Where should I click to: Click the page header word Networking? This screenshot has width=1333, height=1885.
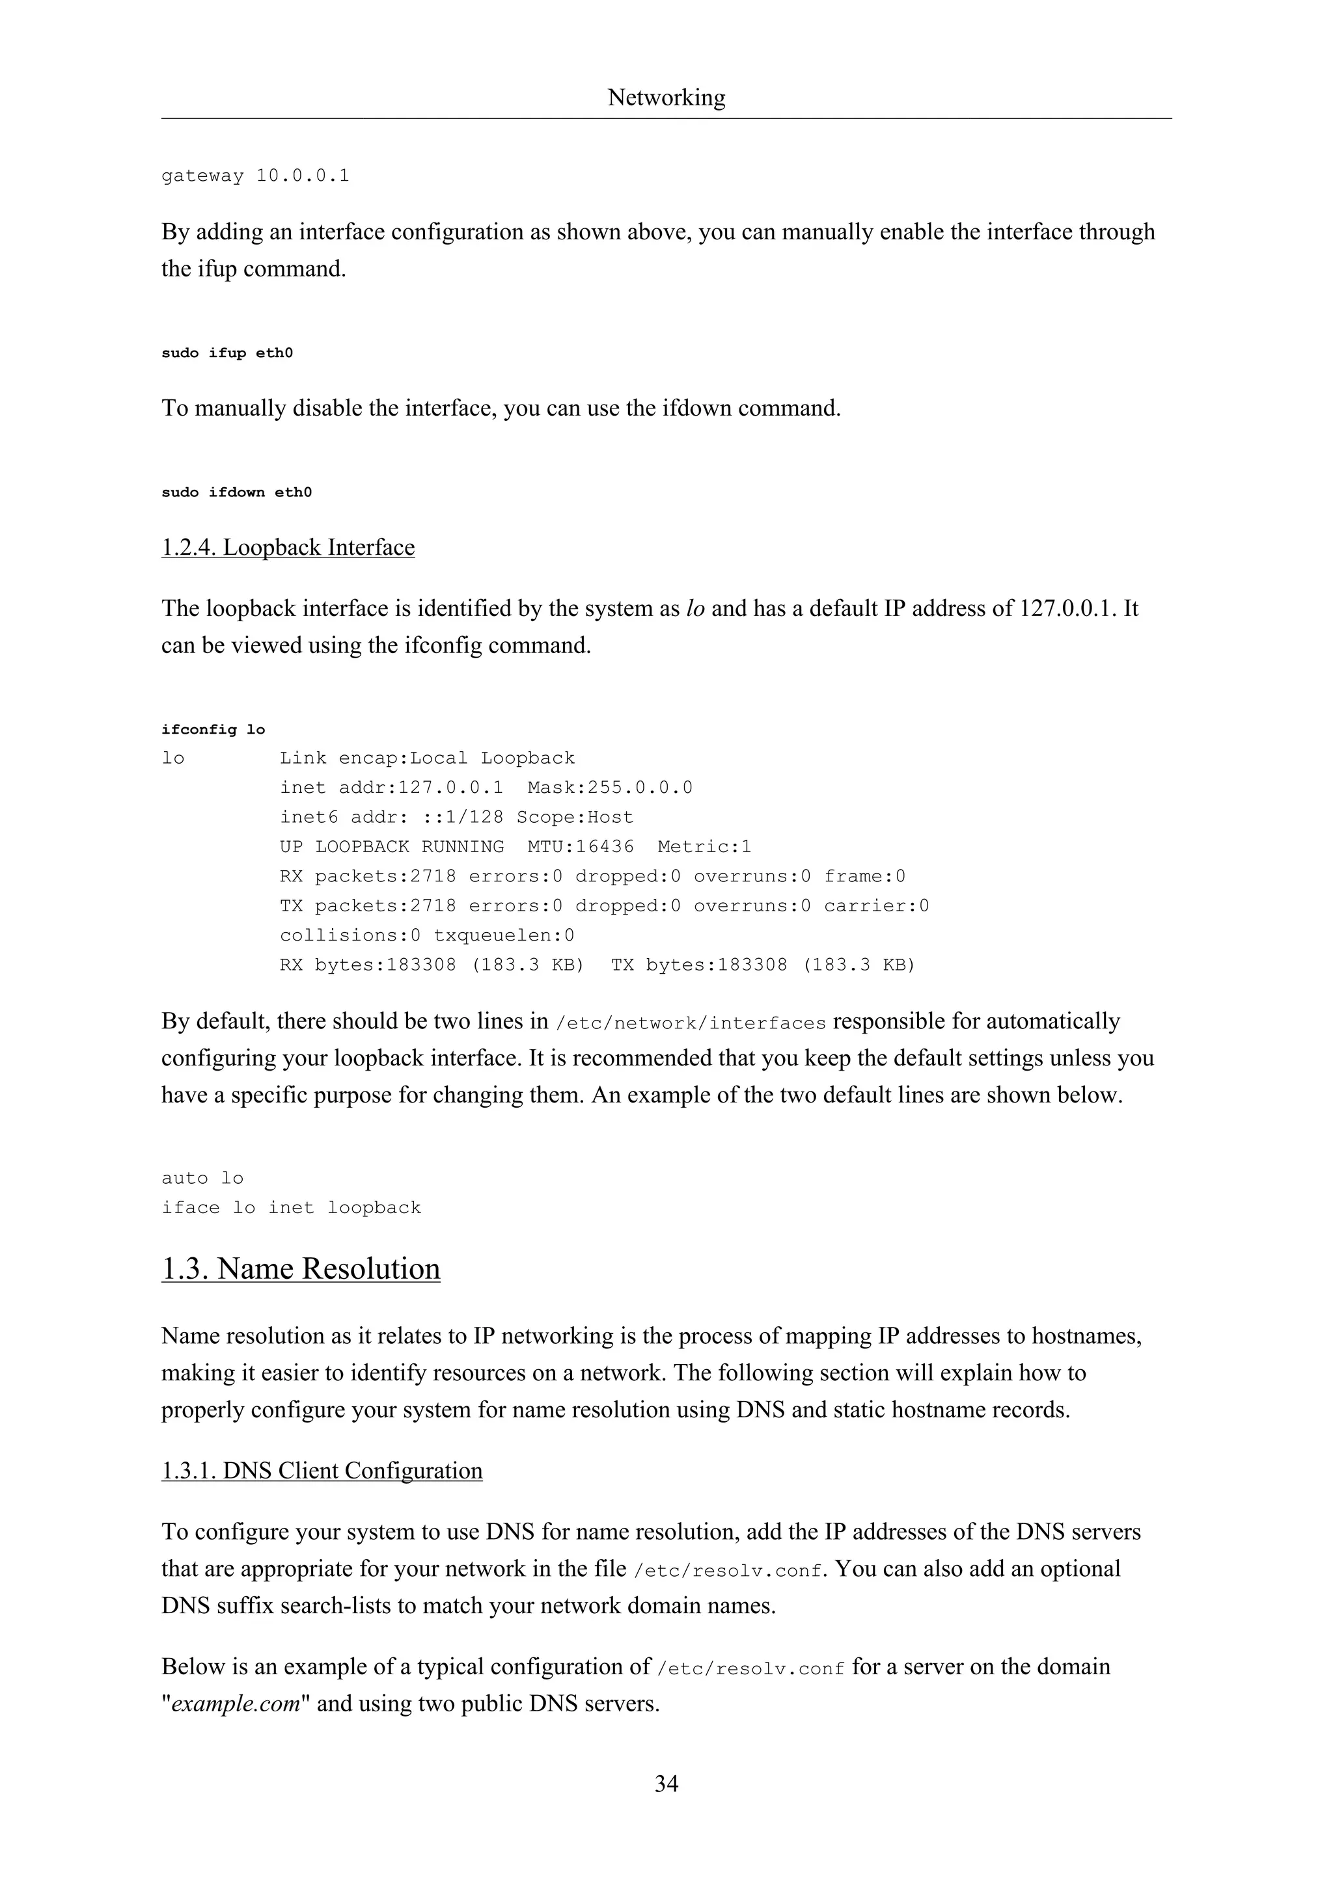pyautogui.click(x=666, y=98)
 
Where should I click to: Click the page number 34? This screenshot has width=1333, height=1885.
pyautogui.click(x=666, y=1783)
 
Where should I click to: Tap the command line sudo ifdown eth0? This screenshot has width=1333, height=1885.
pyautogui.click(x=236, y=492)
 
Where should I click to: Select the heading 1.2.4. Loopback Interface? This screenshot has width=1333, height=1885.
pyautogui.click(x=288, y=548)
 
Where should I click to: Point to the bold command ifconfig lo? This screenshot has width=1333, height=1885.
pyautogui.click(x=213, y=729)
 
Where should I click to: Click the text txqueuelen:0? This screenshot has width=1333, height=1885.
pyautogui.click(x=504, y=935)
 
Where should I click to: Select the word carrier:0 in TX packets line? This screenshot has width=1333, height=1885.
pyautogui.click(x=876, y=905)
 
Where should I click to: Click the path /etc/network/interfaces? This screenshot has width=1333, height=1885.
pyautogui.click(x=690, y=1023)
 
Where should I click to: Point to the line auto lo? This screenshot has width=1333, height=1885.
pyautogui.click(x=202, y=1178)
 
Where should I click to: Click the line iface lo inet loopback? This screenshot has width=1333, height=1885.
pyautogui.click(x=291, y=1208)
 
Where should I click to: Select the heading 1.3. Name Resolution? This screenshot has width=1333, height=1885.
pyautogui.click(x=301, y=1268)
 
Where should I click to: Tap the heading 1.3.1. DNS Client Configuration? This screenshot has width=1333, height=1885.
pyautogui.click(x=322, y=1471)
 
